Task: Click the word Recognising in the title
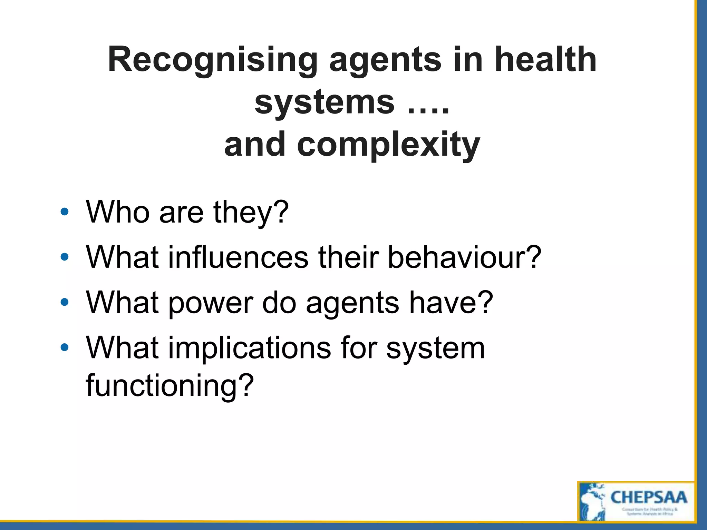(x=212, y=61)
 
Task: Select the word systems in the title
(x=325, y=102)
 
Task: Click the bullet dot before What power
(x=64, y=302)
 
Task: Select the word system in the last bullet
(x=436, y=349)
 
